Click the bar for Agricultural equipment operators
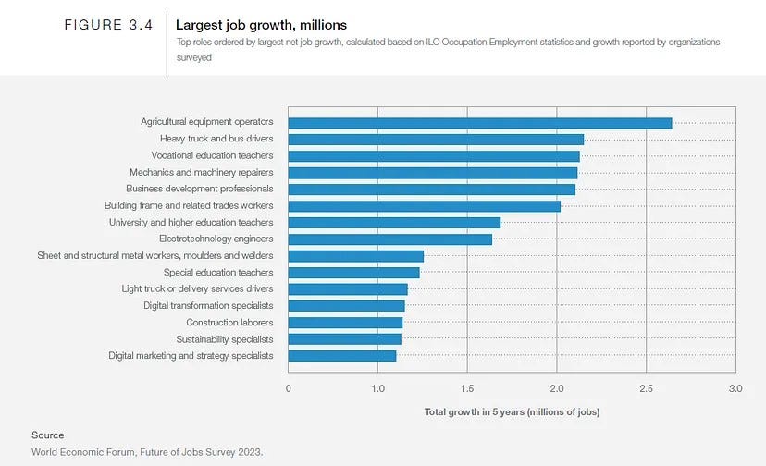[x=480, y=122]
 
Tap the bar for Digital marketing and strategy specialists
[x=342, y=356]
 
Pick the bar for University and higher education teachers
[x=394, y=223]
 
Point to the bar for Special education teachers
[x=354, y=273]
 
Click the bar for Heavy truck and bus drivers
[x=436, y=139]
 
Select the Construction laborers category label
[x=229, y=323]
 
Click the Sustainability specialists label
[x=224, y=339]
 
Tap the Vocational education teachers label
[x=212, y=155]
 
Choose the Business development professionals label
[x=199, y=189]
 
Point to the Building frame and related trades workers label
[x=189, y=205]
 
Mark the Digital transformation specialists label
[x=208, y=306]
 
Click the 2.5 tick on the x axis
[x=646, y=389]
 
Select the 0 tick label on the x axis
[x=289, y=389]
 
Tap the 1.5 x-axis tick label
[x=467, y=389]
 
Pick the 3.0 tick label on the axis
[x=735, y=389]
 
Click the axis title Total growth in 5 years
[x=512, y=411]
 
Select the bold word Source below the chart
[x=47, y=435]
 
